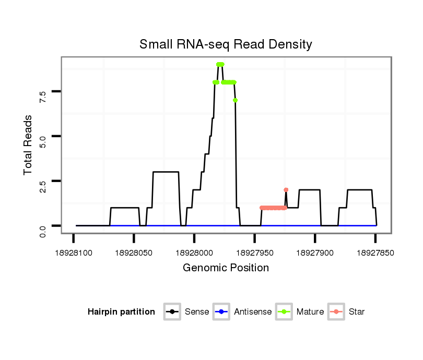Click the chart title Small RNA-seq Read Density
pos(226,44)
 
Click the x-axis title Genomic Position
pos(226,268)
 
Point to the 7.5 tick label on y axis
pos(43,95)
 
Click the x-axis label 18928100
pos(74,253)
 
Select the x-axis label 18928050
pos(134,253)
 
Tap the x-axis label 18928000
pos(194,253)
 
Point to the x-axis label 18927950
pos(254,253)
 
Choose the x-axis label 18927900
pos(315,253)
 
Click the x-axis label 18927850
pos(375,253)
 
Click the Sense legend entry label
pos(197,312)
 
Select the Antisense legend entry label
pos(253,312)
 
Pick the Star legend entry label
pos(357,312)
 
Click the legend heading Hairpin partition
pos(121,312)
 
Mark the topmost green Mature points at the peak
pos(220,64)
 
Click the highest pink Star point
pos(286,189)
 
